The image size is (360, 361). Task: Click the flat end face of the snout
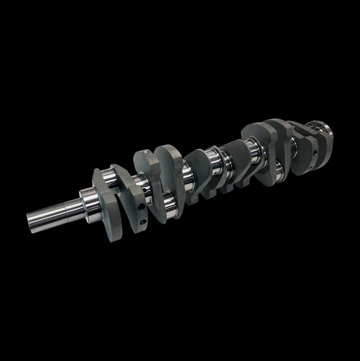point(31,220)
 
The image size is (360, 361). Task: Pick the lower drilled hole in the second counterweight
point(142,223)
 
